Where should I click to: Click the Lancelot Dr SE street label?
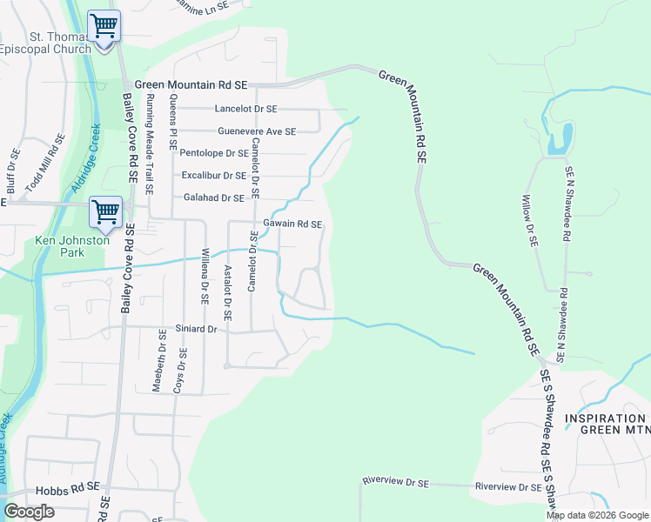coord(245,109)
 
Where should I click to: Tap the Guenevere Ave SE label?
coord(257,131)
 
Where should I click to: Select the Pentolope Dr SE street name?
coord(214,153)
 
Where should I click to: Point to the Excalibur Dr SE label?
coord(214,176)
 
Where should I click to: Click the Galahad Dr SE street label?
coord(214,198)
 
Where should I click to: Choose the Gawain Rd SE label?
coord(293,224)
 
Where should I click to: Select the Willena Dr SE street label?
coord(205,275)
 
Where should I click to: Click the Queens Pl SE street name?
coord(172,123)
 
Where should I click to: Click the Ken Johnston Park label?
coord(71,246)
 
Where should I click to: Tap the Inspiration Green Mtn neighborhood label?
coord(607,423)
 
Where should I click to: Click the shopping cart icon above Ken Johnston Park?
coord(105,211)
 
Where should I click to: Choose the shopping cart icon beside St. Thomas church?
coord(104,26)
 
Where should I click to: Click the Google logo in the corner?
coord(29,512)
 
